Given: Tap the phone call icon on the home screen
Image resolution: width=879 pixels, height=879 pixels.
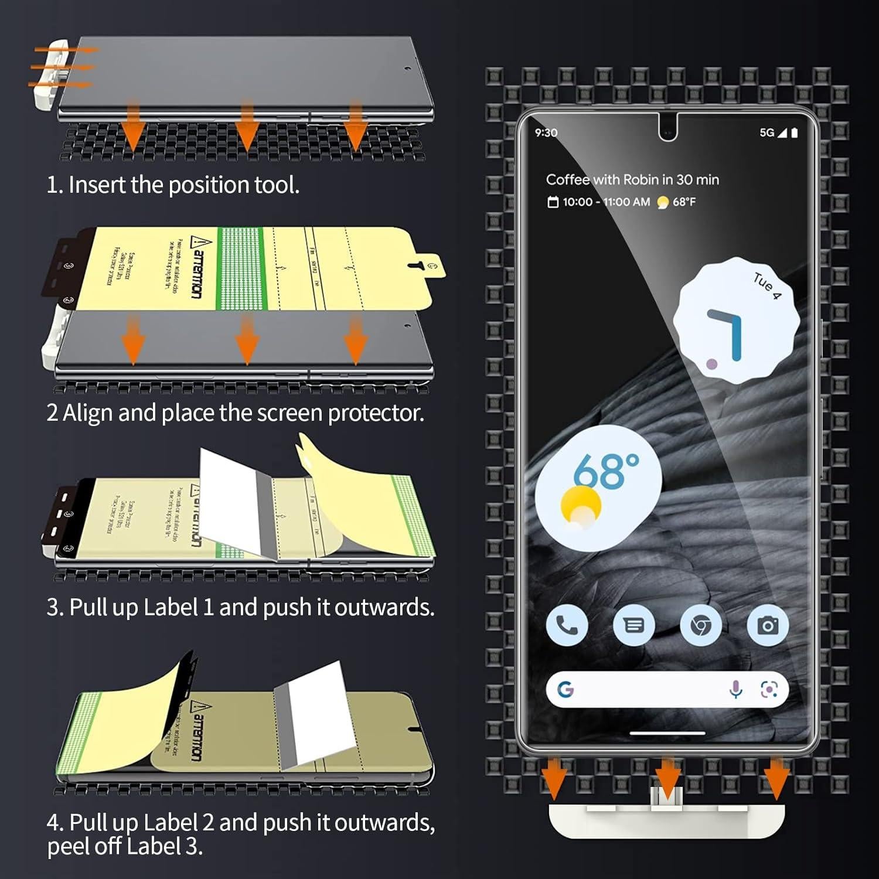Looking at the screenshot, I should pyautogui.click(x=567, y=625).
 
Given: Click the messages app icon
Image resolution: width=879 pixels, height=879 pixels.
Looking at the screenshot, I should pyautogui.click(x=633, y=625).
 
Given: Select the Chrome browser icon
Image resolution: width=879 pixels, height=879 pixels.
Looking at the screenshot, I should pyautogui.click(x=700, y=625).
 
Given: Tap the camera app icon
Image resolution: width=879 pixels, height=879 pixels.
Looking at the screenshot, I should pyautogui.click(x=768, y=625).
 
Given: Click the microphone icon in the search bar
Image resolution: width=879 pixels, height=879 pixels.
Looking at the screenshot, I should pyautogui.click(x=735, y=690).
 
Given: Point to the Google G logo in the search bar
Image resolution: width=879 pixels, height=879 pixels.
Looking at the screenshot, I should pyautogui.click(x=565, y=690).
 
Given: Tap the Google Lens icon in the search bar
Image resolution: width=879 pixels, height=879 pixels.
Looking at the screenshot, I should pyautogui.click(x=769, y=690).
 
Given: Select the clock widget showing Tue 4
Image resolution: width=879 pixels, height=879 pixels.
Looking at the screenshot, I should pyautogui.click(x=736, y=320).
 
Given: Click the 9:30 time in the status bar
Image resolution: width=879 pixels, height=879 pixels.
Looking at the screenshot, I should pyautogui.click(x=546, y=133).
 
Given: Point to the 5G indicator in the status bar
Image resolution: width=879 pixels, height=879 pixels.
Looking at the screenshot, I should pyautogui.click(x=767, y=133).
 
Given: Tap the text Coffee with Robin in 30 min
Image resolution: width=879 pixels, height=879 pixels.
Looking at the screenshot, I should pyautogui.click(x=632, y=180).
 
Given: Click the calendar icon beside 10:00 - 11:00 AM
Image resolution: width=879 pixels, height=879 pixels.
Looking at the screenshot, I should pyautogui.click(x=553, y=202).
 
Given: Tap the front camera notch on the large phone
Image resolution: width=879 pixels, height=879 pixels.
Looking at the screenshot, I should pyautogui.click(x=667, y=129).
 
